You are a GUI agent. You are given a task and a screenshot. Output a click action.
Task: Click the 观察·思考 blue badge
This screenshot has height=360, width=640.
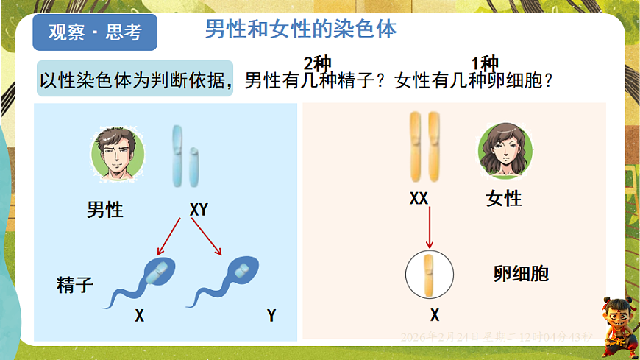pyautogui.click(x=96, y=32)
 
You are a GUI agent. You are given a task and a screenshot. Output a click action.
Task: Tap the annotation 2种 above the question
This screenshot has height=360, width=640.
pyautogui.click(x=318, y=63)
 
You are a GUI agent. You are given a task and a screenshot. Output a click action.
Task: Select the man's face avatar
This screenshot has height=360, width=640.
pyautogui.click(x=118, y=155)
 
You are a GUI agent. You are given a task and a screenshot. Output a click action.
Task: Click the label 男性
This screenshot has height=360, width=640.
pyautogui.click(x=105, y=210)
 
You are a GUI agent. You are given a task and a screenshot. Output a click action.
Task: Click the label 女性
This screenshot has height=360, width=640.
pyautogui.click(x=504, y=198)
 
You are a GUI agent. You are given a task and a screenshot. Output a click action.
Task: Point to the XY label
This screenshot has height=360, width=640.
pyautogui.click(x=199, y=210)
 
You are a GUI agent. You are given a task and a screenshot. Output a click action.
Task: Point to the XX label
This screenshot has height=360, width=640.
pyautogui.click(x=419, y=198)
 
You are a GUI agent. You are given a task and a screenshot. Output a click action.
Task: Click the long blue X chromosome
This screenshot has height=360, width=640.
pyautogui.click(x=178, y=155)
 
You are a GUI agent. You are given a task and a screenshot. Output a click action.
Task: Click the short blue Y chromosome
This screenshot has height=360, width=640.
pyautogui.click(x=194, y=166)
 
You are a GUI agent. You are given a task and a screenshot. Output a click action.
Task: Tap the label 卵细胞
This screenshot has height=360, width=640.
pyautogui.click(x=521, y=275)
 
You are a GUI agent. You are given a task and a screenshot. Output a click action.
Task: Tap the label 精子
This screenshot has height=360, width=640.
pyautogui.click(x=75, y=285)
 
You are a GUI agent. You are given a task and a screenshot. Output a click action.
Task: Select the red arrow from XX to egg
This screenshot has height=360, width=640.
pyautogui.click(x=429, y=228)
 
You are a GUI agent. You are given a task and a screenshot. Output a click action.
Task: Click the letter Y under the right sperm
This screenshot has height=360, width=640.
pyautogui.click(x=271, y=316)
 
